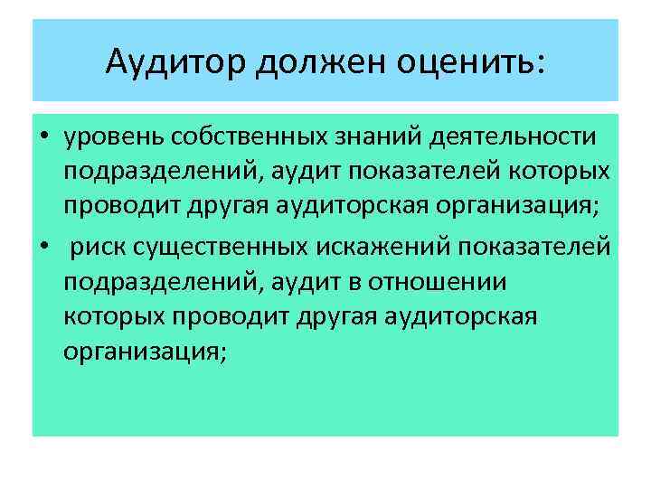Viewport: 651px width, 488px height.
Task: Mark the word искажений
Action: [344, 248]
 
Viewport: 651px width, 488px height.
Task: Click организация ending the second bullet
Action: [140, 353]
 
